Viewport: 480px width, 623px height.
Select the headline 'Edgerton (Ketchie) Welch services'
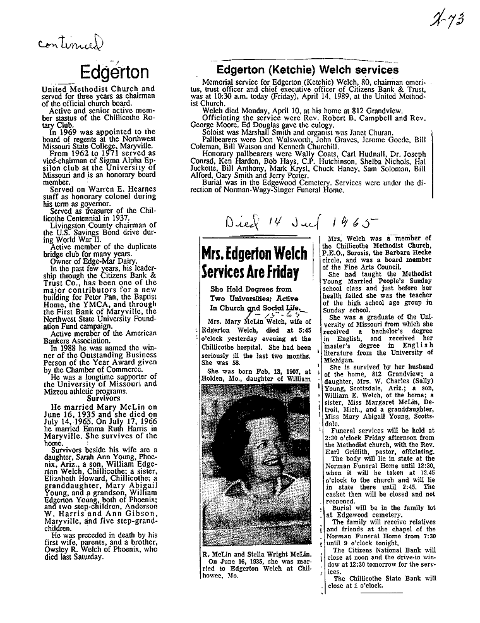click(308, 70)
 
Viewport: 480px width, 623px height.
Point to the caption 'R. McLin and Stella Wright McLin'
click(255, 555)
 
